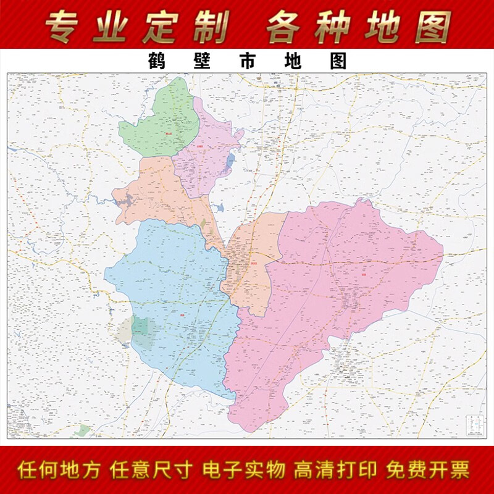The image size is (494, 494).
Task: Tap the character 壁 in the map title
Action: (x=198, y=61)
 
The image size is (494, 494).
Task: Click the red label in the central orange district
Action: (x=254, y=262)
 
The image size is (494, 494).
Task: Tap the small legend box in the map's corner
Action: (x=474, y=425)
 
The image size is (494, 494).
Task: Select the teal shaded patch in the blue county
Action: (x=143, y=332)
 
